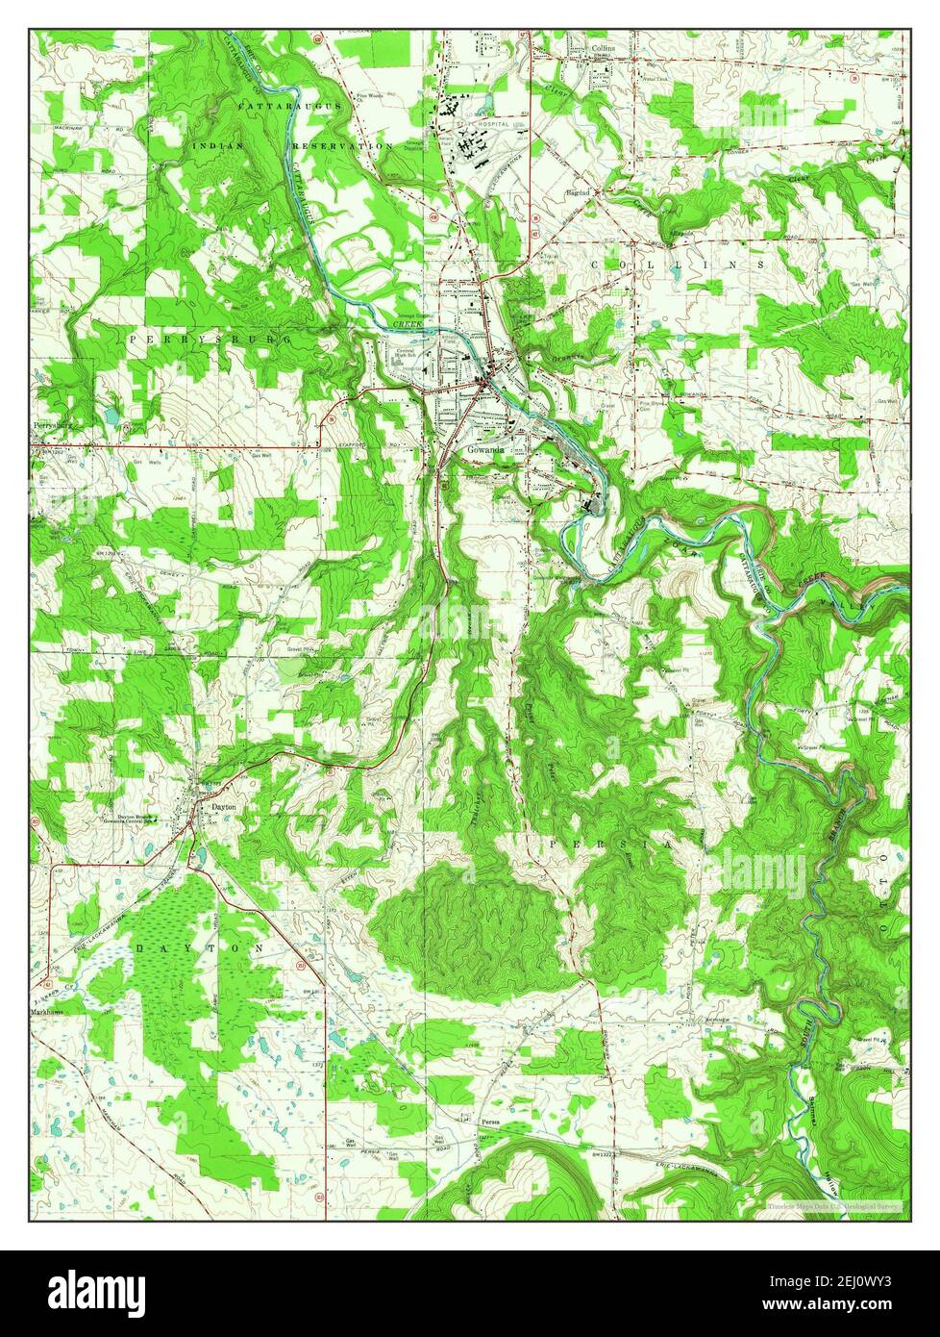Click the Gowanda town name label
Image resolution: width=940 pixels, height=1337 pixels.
(x=485, y=449)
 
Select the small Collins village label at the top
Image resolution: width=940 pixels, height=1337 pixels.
(x=603, y=46)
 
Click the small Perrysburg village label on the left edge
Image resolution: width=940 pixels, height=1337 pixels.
(x=54, y=424)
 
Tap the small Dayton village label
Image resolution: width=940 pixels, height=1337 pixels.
(x=223, y=807)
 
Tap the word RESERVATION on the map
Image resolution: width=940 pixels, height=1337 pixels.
(x=343, y=145)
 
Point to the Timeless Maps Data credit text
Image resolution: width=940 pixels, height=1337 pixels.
(x=832, y=1204)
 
